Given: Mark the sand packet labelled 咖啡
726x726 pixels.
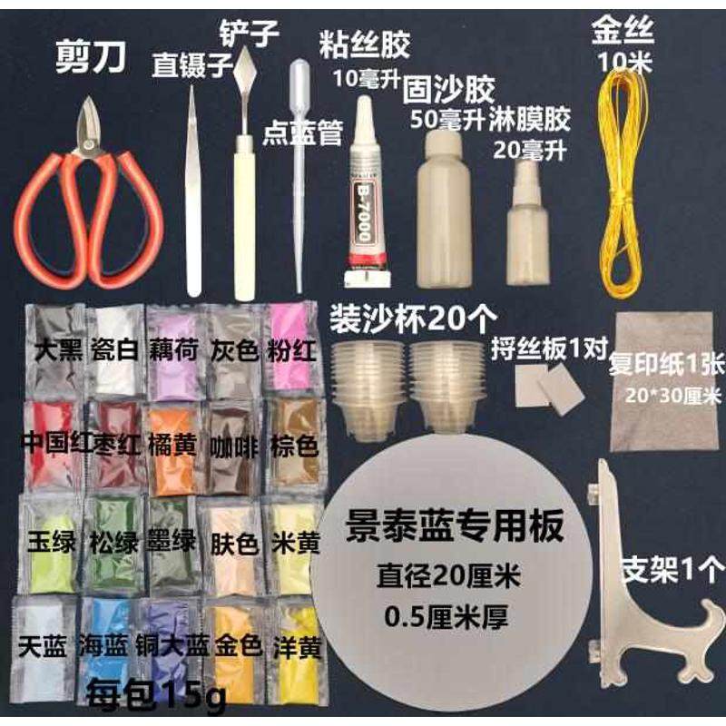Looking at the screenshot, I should click(x=232, y=445).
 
